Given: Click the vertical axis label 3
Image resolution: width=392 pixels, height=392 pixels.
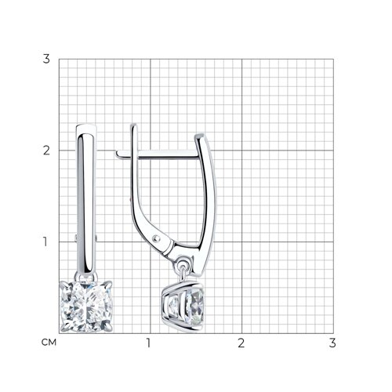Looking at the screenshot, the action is click(46, 59).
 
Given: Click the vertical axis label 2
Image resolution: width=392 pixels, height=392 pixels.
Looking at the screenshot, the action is click(46, 151).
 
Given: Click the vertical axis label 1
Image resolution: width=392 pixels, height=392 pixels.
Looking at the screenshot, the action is click(45, 241).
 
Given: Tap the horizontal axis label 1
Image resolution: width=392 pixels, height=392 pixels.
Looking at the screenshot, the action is click(149, 343).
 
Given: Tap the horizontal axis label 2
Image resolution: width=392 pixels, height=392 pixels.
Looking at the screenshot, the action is click(241, 343).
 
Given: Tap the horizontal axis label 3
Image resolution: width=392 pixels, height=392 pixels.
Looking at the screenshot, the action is click(332, 343).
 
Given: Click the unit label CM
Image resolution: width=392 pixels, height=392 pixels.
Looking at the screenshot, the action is click(49, 343).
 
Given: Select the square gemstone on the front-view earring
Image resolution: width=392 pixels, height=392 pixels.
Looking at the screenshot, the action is click(86, 307).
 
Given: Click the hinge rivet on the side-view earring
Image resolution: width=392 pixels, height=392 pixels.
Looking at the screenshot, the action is click(156, 238).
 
